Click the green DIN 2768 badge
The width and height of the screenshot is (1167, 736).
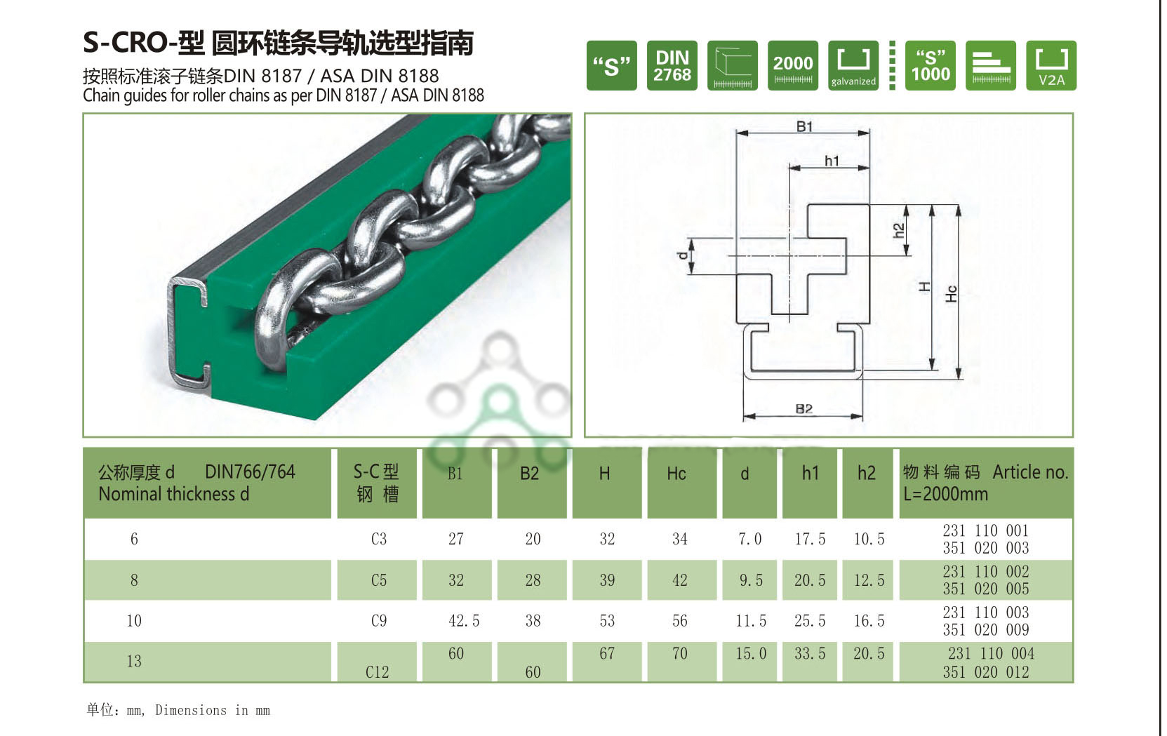point(672,65)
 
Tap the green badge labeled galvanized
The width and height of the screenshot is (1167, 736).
point(853,65)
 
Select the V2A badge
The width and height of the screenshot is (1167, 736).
point(1051,65)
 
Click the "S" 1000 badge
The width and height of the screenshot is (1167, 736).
point(930,65)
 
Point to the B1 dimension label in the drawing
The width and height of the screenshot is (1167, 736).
point(804,126)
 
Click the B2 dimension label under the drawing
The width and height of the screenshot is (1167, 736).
point(804,408)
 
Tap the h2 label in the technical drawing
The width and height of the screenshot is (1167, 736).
point(899,230)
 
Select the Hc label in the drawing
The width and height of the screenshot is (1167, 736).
point(952,293)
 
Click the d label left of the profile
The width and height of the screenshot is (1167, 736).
point(683,256)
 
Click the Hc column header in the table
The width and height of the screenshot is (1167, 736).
point(676,474)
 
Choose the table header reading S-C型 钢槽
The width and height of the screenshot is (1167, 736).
point(376,483)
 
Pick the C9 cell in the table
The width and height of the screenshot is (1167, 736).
point(378,621)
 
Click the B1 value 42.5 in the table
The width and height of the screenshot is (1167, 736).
point(464,621)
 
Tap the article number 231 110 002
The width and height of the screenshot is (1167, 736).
point(985,572)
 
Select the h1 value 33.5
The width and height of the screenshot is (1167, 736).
point(810,654)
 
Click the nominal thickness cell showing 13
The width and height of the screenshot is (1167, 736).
point(134,661)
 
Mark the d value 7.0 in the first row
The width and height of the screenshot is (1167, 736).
point(749,539)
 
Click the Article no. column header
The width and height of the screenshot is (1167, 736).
point(985,483)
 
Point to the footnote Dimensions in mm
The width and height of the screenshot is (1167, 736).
point(212,710)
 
